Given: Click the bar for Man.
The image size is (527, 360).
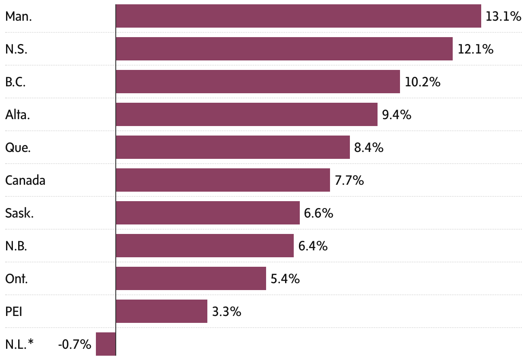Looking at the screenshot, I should click(298, 16).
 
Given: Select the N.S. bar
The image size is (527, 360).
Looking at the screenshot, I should click(284, 49).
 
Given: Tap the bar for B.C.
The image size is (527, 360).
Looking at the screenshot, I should click(257, 82).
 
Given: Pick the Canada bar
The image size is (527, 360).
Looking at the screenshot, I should click(222, 180).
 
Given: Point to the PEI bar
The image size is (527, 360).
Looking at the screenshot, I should click(161, 311).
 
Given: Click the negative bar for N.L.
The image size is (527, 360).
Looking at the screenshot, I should click(106, 344).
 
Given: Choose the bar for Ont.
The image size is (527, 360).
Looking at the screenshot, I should click(190, 278).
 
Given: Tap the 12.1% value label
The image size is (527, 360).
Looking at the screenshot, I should click(475, 49).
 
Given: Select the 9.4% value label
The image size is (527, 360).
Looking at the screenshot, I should click(397, 115).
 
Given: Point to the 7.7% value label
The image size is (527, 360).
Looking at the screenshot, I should click(349, 180).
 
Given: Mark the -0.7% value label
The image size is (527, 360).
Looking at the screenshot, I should click(74, 344).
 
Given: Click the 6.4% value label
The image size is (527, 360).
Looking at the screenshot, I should click(313, 246).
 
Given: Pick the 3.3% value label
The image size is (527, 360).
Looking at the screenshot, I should click(226, 311).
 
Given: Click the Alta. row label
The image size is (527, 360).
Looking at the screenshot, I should click(17, 115).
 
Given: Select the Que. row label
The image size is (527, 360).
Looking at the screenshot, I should click(18, 148).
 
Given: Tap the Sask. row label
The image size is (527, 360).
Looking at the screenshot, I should click(19, 213).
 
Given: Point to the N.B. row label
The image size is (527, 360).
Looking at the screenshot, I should click(16, 246).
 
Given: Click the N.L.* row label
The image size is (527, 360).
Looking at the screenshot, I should click(19, 344).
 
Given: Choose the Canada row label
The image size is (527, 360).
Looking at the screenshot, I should click(25, 180).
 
